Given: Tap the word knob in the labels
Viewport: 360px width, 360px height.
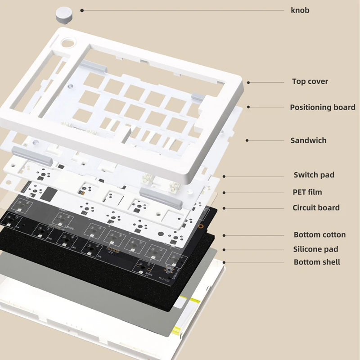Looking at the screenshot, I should tap(300, 10).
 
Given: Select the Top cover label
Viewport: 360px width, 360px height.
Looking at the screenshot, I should tap(310, 81).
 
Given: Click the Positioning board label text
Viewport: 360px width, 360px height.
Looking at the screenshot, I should tap(322, 107).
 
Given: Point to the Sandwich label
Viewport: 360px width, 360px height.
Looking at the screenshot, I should tap(308, 140).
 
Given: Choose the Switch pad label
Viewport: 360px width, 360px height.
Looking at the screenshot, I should tap(314, 175).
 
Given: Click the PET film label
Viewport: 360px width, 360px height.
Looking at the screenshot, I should tap(307, 192).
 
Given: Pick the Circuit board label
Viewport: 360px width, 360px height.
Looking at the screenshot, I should tap(316, 207).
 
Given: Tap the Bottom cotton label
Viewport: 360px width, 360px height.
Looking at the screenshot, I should tap(319, 234).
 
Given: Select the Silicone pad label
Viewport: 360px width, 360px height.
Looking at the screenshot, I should tap(315, 249).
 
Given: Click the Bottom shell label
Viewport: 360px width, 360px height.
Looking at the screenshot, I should tap(317, 262).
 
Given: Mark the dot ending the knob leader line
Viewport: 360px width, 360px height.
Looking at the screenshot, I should tap(82, 10).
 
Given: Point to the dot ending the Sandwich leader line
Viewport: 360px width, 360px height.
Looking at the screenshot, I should tap(247, 140).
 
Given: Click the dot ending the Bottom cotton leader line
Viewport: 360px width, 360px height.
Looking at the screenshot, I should tap(224, 235).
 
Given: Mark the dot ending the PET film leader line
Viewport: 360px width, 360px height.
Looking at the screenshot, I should tap(224, 193).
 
